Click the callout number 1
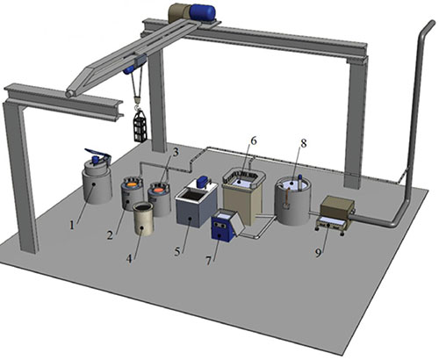[x=72, y=226]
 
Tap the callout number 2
[x=110, y=234]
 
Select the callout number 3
[x=176, y=153]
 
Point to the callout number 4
[x=130, y=258]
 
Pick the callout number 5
[x=177, y=252]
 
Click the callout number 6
[x=254, y=140]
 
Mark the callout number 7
[x=208, y=261]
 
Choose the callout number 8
[x=304, y=143]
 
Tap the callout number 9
[x=318, y=253]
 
